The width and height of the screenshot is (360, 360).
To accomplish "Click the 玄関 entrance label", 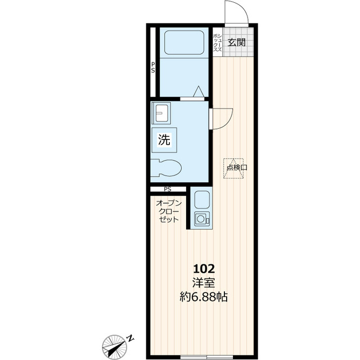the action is tap(236, 42).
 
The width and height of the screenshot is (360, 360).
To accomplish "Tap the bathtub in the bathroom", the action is tap(184, 43).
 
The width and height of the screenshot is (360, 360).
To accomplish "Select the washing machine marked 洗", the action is tap(164, 140).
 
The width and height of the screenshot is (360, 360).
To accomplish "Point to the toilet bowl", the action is tap(166, 168).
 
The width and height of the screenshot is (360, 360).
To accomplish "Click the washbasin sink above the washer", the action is tap(161, 113).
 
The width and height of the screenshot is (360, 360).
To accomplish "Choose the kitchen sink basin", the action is tap(202, 200).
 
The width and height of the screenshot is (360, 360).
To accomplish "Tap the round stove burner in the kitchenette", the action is tap(200, 219).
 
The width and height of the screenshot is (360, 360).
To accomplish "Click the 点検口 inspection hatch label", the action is tap(237, 168).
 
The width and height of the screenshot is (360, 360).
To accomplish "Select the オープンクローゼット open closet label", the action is tap(169, 211).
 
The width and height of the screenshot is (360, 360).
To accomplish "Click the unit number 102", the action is tap(204, 269).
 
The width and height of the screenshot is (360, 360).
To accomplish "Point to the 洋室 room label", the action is tap(204, 283).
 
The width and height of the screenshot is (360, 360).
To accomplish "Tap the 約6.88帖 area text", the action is tap(204, 298).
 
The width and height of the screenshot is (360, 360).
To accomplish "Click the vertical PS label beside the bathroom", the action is tap(153, 67).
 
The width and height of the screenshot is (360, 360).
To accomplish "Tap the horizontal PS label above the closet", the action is tap(168, 190).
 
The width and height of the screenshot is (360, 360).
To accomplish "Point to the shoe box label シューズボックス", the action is tap(218, 42).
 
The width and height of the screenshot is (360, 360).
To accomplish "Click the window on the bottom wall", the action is tap(206, 357).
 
